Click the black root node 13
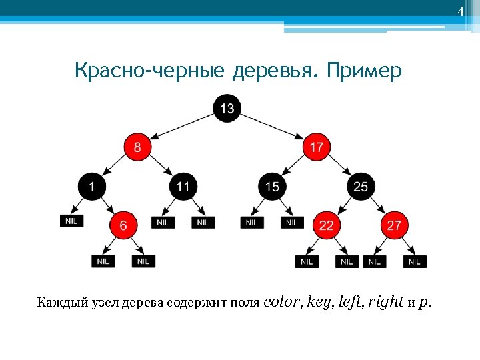point(227,107)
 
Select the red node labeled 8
point(137,147)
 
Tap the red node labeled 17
point(317,147)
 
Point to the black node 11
point(183,187)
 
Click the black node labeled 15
point(272,187)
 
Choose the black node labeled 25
point(361,187)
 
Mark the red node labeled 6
point(123,225)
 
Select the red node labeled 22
point(326,225)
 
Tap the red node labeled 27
point(394,225)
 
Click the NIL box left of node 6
point(72,221)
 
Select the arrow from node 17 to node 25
point(339,167)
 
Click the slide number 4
point(460,12)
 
